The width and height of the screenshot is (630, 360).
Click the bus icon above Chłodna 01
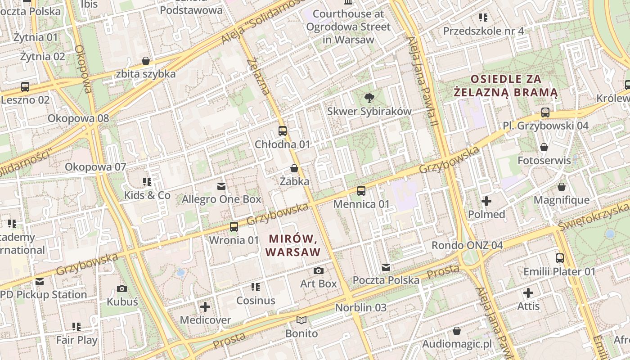283,131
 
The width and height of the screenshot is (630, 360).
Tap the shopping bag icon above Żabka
294,168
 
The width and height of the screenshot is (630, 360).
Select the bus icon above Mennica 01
361,191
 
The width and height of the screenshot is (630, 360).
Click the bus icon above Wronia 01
234,227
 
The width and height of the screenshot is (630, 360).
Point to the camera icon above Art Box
319,270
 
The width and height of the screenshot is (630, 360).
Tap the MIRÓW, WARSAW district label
293,245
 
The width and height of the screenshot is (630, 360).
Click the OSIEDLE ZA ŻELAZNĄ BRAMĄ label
505,86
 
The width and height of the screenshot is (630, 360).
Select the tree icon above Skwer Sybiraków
369,98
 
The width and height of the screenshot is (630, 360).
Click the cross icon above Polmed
486,201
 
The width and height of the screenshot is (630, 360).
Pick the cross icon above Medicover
205,307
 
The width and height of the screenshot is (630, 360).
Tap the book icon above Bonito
301,320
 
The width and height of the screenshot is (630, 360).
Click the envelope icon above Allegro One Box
221,186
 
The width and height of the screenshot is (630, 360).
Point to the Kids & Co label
147,195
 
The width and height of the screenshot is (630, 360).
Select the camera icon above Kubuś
122,288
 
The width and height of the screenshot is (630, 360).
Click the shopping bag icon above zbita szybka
146,61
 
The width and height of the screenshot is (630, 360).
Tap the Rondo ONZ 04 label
467,245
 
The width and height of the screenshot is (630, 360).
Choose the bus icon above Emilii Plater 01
560,258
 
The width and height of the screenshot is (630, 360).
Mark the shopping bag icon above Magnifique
562,187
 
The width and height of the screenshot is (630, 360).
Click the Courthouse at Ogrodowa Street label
348,27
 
